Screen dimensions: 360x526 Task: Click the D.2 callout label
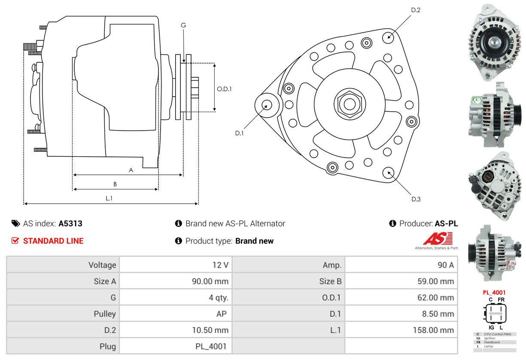415,10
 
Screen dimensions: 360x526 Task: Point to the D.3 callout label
416,199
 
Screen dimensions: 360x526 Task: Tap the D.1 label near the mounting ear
239,133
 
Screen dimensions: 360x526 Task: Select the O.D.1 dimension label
224,89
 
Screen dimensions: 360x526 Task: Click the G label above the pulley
183,25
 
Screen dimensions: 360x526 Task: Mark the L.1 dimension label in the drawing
109,198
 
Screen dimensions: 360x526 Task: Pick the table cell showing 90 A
445,265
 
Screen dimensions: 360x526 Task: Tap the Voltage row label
102,265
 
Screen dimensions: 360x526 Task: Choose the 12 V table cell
220,265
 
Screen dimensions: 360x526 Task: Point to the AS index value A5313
70,223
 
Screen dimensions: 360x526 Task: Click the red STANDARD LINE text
53,241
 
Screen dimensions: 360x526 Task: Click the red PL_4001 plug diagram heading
494,293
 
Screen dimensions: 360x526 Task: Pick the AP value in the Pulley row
222,314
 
